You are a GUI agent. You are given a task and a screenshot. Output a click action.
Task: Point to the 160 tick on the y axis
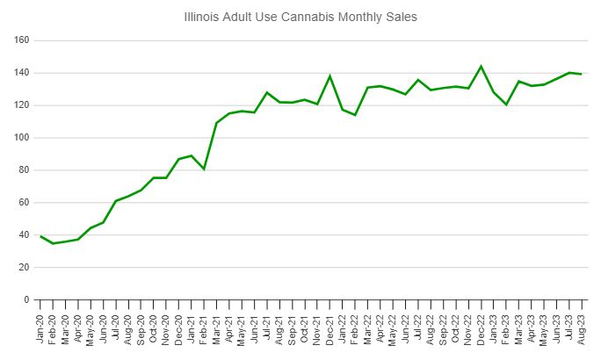(x=22, y=40)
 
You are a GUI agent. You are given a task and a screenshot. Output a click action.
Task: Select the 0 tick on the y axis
(x=27, y=299)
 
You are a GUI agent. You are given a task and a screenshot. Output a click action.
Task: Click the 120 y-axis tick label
(x=22, y=105)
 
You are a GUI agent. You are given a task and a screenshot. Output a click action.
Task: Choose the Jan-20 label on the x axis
(x=40, y=326)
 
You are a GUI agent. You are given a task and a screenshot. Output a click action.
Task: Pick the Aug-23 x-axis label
(x=582, y=326)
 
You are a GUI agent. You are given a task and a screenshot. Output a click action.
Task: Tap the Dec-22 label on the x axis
(x=481, y=326)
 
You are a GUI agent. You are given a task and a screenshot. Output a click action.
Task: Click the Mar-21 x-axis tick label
(x=217, y=326)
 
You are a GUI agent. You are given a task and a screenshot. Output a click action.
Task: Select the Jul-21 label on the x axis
(x=267, y=326)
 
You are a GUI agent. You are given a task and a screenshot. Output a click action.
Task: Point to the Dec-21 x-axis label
(x=330, y=326)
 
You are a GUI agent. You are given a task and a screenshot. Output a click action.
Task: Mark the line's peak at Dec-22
(x=481, y=66)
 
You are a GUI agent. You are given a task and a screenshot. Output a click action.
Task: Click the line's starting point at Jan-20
(x=40, y=236)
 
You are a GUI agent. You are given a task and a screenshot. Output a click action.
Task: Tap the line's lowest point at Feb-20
(x=53, y=243)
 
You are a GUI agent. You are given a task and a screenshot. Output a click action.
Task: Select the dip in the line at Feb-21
(x=204, y=169)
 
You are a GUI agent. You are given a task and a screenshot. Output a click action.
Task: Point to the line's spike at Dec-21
(x=330, y=76)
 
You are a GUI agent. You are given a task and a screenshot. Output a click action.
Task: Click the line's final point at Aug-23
(x=582, y=74)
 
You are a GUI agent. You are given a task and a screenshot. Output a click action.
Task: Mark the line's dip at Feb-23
(x=506, y=104)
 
